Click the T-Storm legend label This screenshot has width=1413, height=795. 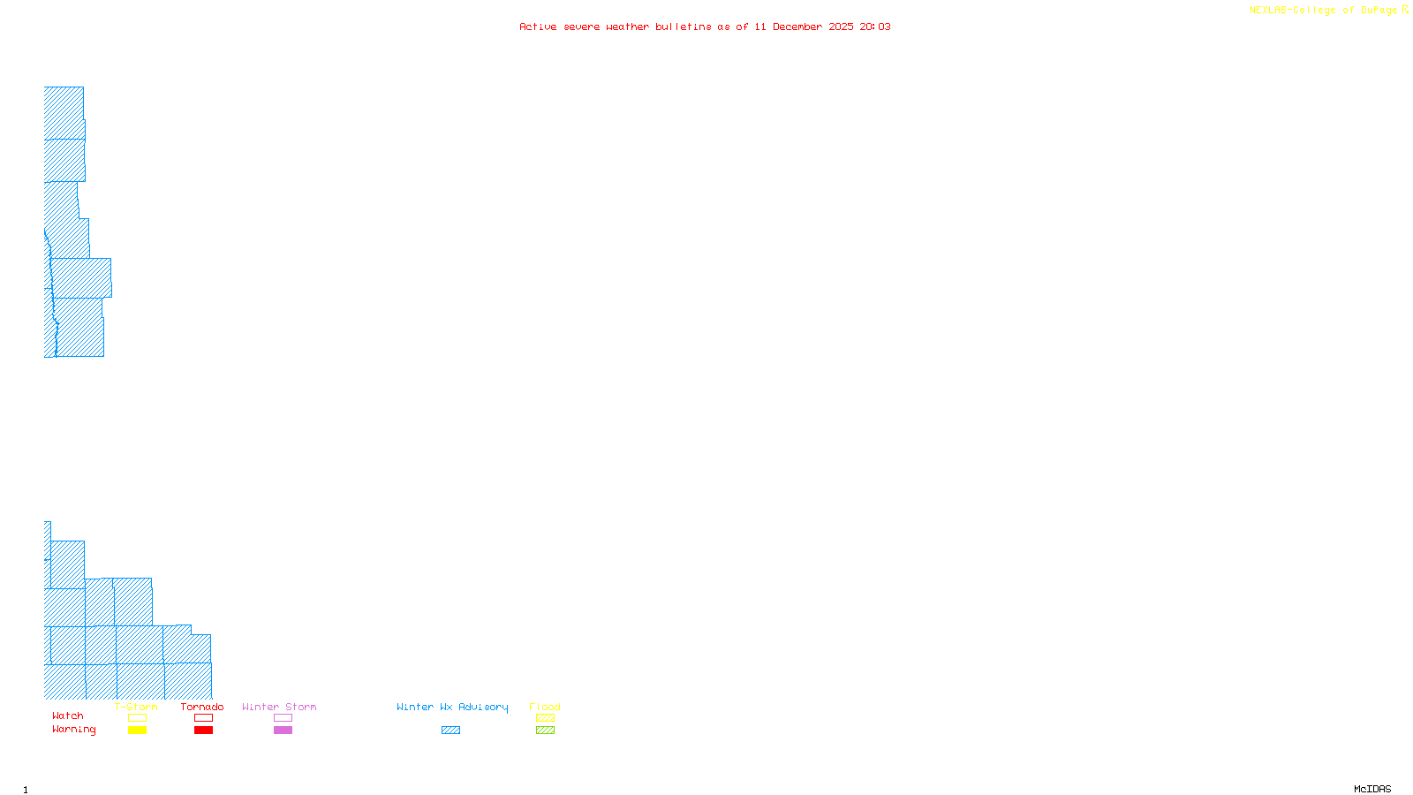click(x=136, y=707)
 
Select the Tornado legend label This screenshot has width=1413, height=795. click(x=202, y=707)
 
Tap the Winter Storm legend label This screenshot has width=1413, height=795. click(x=279, y=707)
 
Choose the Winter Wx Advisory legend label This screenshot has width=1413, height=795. click(x=452, y=707)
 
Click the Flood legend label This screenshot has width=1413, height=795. click(x=545, y=707)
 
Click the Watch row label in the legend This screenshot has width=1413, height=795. click(x=68, y=716)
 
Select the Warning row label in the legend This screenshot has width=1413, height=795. click(x=74, y=730)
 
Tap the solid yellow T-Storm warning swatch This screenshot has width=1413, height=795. click(x=137, y=731)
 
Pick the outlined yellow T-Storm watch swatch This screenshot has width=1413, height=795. click(x=137, y=718)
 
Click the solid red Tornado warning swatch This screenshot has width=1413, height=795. click(x=203, y=731)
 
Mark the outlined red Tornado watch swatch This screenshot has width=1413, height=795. click(x=203, y=718)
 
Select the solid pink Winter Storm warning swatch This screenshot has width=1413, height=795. click(x=283, y=731)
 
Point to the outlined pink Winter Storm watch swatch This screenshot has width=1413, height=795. click(x=283, y=718)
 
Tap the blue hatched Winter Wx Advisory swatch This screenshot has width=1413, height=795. click(x=450, y=731)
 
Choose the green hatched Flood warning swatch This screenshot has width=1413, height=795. click(x=545, y=731)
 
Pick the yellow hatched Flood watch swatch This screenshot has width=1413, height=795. click(x=545, y=718)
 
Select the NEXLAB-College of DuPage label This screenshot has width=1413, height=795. click(x=1324, y=11)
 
